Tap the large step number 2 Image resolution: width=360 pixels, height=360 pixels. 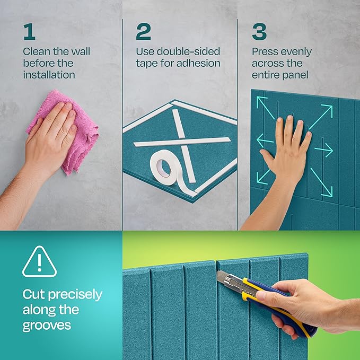click(143, 32)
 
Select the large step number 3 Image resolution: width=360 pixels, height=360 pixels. click(259, 32)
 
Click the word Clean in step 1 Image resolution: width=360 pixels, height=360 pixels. click(37, 52)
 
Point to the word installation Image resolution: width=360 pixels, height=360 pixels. click(49, 75)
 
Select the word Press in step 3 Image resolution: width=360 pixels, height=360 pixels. click(265, 52)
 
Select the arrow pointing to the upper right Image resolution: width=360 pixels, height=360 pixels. click(320, 116)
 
